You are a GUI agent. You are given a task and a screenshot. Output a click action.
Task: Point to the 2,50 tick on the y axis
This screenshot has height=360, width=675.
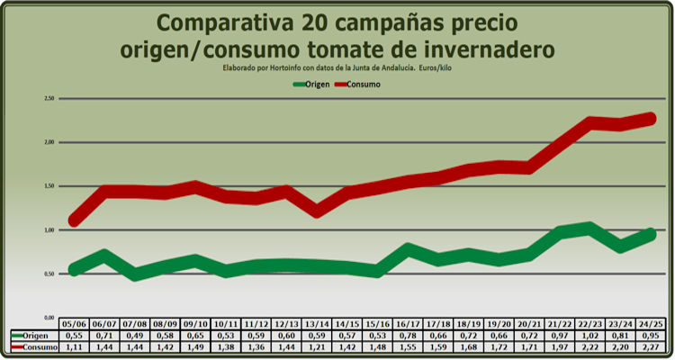pyautogui.click(x=49, y=98)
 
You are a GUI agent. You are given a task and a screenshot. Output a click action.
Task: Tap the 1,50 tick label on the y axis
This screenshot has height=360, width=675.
pyautogui.click(x=49, y=186)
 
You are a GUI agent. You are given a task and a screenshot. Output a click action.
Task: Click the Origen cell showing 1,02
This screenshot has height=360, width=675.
pyautogui.click(x=589, y=335)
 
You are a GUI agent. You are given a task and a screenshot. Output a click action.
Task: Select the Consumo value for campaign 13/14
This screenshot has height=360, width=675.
pyautogui.click(x=317, y=346)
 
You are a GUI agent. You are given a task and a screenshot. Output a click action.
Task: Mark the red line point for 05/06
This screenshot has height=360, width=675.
pyautogui.click(x=74, y=220)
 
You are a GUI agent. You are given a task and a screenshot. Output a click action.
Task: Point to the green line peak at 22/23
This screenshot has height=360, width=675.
pyautogui.click(x=589, y=228)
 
